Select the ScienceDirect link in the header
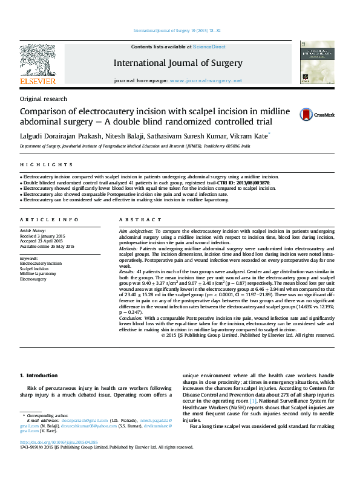point(211,47)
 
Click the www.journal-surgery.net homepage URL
point(205,80)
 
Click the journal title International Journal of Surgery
point(177,63)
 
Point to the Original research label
point(44,99)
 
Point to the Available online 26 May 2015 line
point(47,246)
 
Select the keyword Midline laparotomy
point(38,274)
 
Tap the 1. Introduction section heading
point(39,375)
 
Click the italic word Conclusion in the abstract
point(131,317)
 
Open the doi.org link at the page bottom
point(51,442)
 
